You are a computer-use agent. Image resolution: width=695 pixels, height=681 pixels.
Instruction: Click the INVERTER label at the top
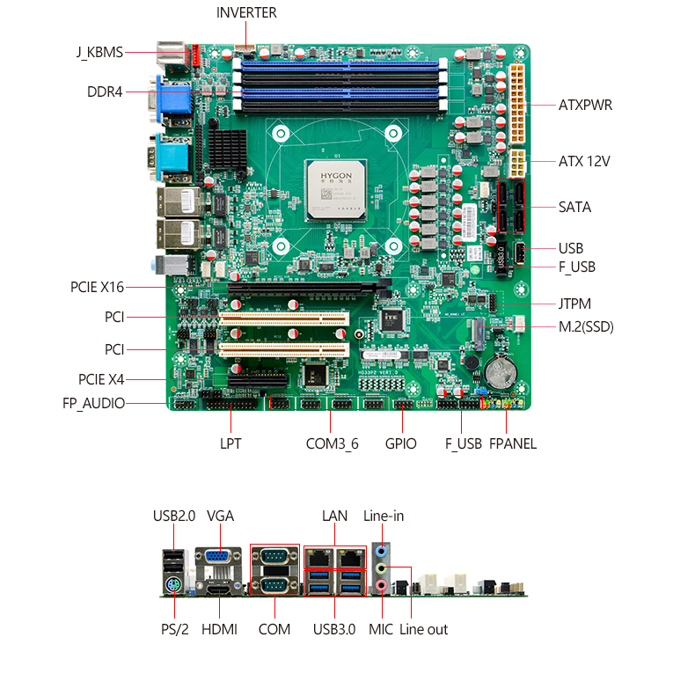pos(246,13)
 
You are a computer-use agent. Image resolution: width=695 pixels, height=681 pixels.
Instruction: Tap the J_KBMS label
pos(99,52)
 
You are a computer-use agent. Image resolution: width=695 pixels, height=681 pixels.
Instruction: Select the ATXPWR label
pos(585,105)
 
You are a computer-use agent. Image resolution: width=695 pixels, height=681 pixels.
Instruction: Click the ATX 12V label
pos(584,161)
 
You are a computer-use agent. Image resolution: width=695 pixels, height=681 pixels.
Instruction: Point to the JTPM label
pos(574,304)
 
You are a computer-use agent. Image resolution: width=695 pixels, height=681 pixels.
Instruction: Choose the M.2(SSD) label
pos(586,326)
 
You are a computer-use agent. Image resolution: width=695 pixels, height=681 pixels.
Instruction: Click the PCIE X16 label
pos(97,288)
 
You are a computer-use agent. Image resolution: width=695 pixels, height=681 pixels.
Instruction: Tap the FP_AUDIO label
pos(93,404)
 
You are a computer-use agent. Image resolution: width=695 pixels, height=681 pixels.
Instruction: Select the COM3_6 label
pos(332,443)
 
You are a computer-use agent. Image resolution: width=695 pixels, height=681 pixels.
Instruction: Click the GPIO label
pos(400,443)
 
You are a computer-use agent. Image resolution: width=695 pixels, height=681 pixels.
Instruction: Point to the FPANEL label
pos(513,443)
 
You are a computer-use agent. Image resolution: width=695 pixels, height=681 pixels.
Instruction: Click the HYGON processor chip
pos(336,190)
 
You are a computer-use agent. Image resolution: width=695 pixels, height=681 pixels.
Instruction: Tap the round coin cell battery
pos(500,372)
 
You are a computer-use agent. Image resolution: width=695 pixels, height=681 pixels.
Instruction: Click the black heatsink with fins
pos(227,149)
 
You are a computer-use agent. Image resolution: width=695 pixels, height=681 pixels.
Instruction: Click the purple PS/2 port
pos(172,586)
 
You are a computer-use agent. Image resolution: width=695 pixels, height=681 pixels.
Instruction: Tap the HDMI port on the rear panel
pos(219,590)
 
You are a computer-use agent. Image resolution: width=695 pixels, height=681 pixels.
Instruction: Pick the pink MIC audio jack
pos(382,586)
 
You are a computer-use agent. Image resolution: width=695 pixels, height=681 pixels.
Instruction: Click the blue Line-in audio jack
pos(381,552)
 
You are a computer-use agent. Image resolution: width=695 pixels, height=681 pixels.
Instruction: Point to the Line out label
pos(423,630)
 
